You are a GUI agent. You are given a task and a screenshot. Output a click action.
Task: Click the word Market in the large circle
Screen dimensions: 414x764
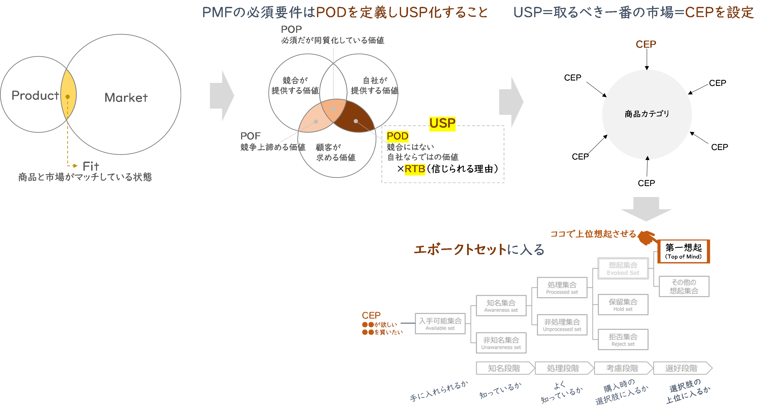coord(126,98)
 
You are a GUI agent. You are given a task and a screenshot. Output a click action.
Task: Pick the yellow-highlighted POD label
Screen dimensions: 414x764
coord(397,136)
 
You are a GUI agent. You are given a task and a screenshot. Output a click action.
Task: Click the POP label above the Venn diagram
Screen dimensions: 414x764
coord(291,29)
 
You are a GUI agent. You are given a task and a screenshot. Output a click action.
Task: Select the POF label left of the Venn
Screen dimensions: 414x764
coord(250,136)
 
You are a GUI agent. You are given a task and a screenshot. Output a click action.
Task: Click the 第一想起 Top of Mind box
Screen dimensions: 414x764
coord(683,251)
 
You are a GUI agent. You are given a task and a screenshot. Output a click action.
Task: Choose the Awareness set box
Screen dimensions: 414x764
coord(501,305)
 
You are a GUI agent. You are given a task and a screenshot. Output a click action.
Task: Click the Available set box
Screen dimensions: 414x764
coord(440,324)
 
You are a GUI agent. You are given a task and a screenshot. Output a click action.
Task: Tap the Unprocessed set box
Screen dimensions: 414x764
coord(562,325)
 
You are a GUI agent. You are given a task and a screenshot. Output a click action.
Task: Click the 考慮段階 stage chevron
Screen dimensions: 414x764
coord(623,368)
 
